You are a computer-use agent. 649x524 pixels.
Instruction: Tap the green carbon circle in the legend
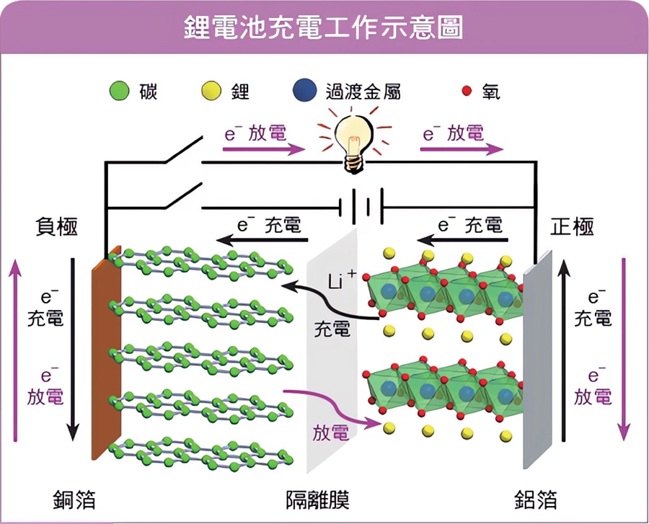pos(119,92)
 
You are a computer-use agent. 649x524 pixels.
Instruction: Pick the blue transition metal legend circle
pos(306,92)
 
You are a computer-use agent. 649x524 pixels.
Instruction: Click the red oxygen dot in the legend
pos(467,92)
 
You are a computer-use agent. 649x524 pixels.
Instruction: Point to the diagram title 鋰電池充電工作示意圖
pos(324,29)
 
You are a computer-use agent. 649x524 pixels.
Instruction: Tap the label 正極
pos(572,226)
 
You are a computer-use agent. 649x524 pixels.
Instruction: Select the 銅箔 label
pos(74,499)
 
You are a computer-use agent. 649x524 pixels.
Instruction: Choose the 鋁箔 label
pos(535,499)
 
